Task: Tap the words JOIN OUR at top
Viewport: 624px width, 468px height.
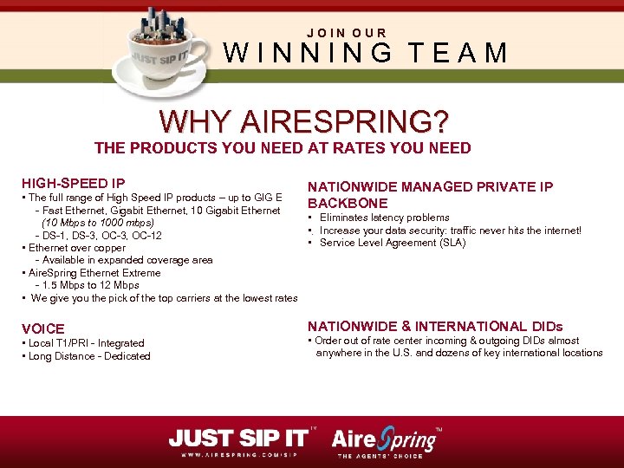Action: (x=347, y=33)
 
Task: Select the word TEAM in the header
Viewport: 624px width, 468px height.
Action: (x=459, y=54)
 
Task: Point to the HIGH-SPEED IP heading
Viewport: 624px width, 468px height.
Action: (x=73, y=183)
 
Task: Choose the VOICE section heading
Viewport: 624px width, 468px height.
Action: (x=42, y=328)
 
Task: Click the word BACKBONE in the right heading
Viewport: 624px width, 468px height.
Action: (x=346, y=203)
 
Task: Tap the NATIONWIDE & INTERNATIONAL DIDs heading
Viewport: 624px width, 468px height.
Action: (x=435, y=327)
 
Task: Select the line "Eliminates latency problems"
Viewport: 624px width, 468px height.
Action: (x=384, y=218)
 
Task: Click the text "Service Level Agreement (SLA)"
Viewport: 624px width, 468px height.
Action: (x=392, y=243)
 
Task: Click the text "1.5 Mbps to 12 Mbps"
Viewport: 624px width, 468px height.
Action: (x=90, y=285)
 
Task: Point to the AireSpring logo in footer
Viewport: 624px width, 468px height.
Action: (x=386, y=439)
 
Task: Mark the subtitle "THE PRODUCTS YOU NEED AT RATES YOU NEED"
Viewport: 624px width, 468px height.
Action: (x=283, y=148)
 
